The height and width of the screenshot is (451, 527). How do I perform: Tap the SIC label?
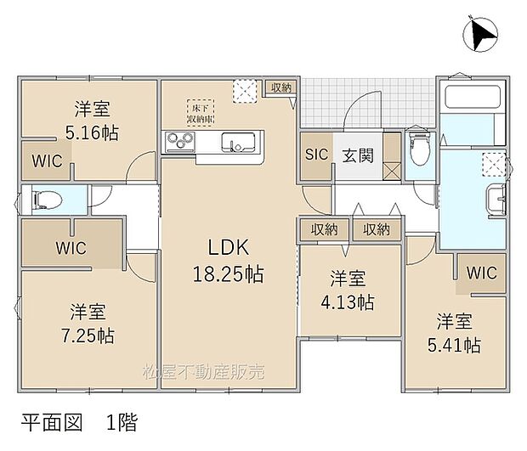[x=316, y=156]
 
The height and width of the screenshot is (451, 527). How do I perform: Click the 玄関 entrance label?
[x=356, y=156]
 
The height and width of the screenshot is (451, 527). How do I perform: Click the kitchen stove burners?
[x=180, y=141]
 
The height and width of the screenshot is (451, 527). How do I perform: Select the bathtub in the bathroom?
[x=472, y=99]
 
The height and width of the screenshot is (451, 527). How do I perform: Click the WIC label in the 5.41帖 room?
[x=482, y=273]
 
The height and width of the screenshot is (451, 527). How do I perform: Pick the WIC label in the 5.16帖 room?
[x=48, y=161]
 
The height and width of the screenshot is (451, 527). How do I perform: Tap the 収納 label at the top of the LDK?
[x=281, y=87]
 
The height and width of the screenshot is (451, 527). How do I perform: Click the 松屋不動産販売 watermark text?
[x=203, y=372]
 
